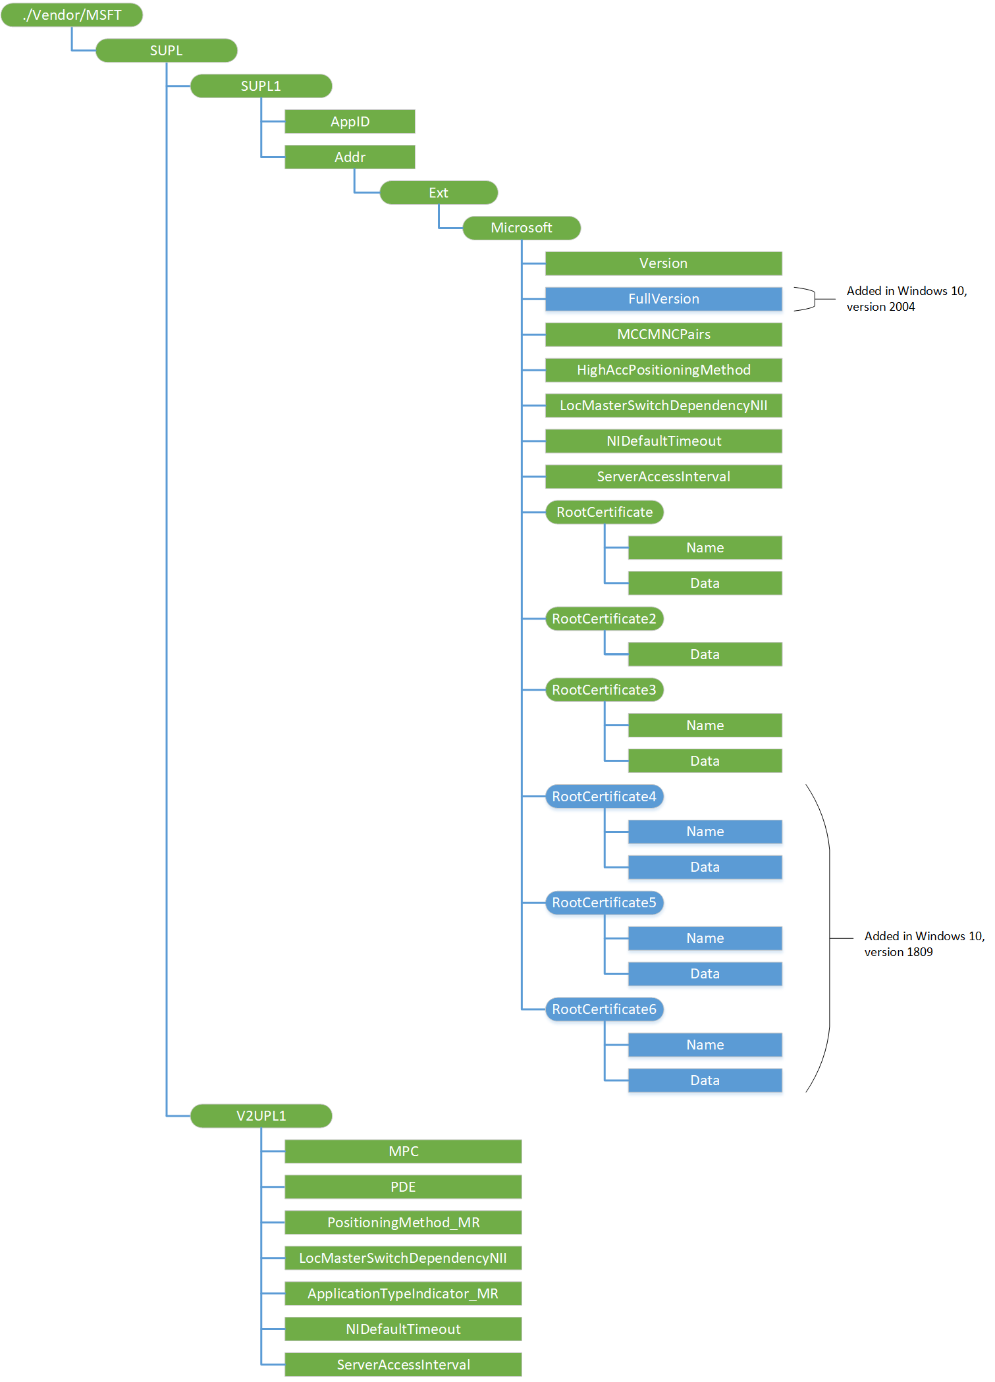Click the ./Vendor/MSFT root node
72,14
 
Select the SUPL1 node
261,86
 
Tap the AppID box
350,121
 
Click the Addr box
350,157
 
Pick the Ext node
439,192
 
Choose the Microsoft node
522,228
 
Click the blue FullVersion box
663,299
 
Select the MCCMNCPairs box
663,334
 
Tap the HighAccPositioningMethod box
663,370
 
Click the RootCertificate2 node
604,619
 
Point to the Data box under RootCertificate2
705,654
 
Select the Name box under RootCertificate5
705,938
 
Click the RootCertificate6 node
604,1009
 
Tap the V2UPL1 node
261,1116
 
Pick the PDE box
403,1187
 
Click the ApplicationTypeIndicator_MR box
403,1294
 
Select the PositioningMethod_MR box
403,1223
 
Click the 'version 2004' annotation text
880,307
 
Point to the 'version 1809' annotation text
898,952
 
